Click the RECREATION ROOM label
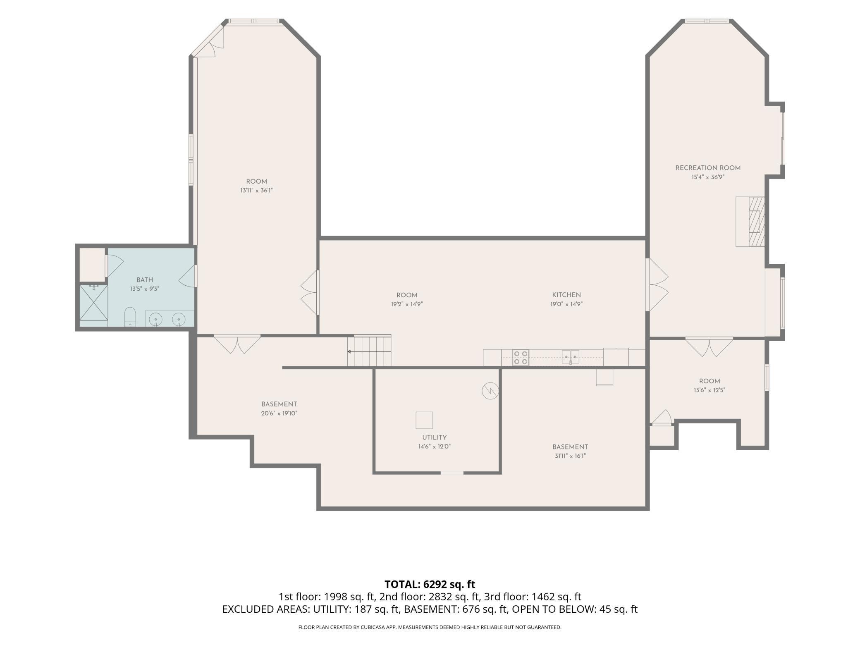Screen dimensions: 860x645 [x=708, y=168]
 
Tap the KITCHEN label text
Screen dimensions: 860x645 [x=566, y=295]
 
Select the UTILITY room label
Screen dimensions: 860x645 [x=434, y=437]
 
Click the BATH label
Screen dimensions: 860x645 [x=145, y=280]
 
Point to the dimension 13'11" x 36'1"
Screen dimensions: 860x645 [x=256, y=191]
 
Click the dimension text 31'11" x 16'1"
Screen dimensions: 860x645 [x=570, y=456]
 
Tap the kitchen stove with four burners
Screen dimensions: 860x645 [x=521, y=358]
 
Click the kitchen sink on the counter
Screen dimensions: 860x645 [x=570, y=357]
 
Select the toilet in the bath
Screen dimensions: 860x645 [x=130, y=317]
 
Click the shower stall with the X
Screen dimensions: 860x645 [x=93, y=302]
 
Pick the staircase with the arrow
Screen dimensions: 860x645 [x=369, y=351]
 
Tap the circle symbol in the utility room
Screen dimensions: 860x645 [x=490, y=391]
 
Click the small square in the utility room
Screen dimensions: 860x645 [x=424, y=420]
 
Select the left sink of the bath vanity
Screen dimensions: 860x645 [x=155, y=319]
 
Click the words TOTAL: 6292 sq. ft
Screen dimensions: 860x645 [x=430, y=584]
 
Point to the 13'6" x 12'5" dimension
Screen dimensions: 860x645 [x=709, y=390]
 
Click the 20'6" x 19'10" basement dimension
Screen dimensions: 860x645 [x=279, y=413]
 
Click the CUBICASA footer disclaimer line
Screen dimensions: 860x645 [x=430, y=627]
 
